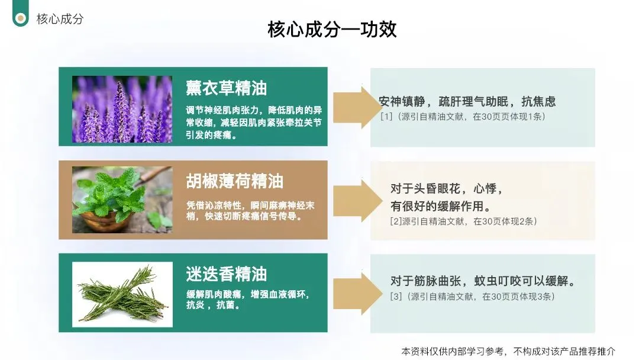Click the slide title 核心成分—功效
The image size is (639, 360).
(x=332, y=30)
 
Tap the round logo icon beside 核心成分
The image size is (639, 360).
(x=21, y=18)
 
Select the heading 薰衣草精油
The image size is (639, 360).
(x=227, y=88)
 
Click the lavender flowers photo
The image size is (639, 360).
(x=122, y=109)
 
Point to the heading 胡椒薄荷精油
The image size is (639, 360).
(x=235, y=181)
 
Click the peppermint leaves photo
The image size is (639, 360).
(x=122, y=200)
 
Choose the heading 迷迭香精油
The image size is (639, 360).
(x=227, y=274)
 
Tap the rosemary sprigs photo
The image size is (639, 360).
(x=122, y=294)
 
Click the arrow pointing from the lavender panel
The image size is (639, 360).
(x=353, y=107)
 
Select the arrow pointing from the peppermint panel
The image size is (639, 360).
(x=353, y=201)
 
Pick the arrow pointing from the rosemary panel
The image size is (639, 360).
(x=353, y=293)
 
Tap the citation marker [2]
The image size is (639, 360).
(x=396, y=222)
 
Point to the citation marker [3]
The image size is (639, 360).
(x=396, y=296)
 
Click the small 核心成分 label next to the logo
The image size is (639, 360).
(x=60, y=19)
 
